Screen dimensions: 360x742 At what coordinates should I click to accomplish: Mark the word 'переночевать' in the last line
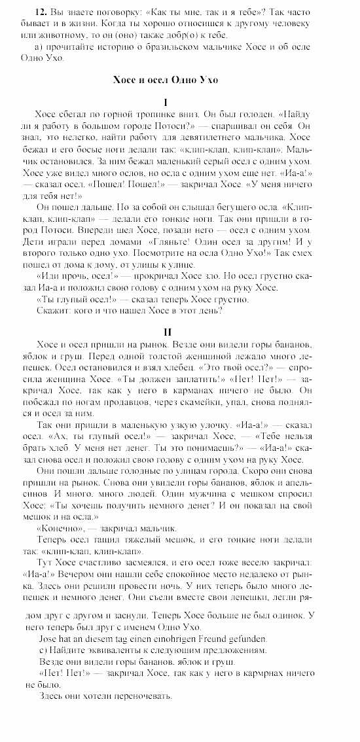click(139, 696)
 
